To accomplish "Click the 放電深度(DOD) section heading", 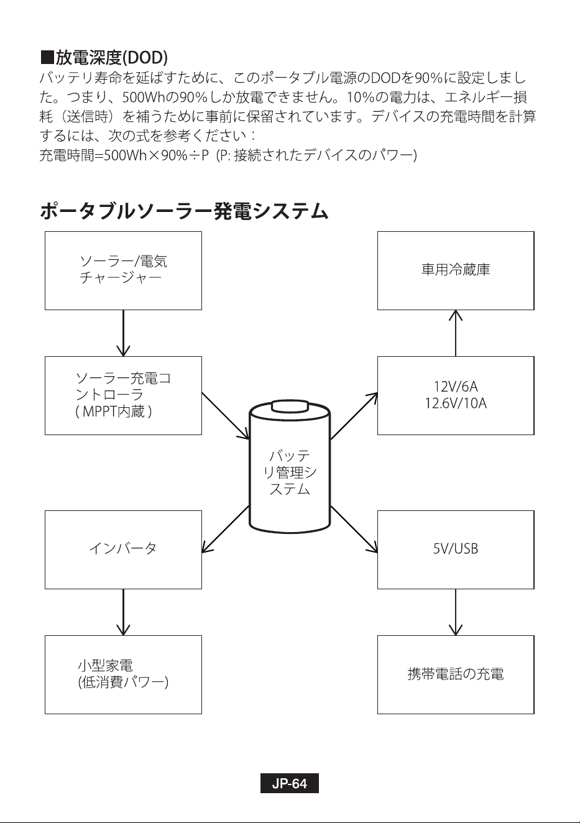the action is coord(104,57).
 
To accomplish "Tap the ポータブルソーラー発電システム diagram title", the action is coord(184,212).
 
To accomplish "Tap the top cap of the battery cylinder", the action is coord(290,407).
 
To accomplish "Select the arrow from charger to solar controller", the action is coord(123,333).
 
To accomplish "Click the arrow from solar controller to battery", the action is coord(226,416).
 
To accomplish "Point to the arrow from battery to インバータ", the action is coord(226,529).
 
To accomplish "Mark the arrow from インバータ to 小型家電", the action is coord(123,612).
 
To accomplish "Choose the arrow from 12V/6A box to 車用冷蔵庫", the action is coord(456,333).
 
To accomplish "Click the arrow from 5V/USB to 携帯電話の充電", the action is coord(456,612).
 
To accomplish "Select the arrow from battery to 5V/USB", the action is coord(354,529).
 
